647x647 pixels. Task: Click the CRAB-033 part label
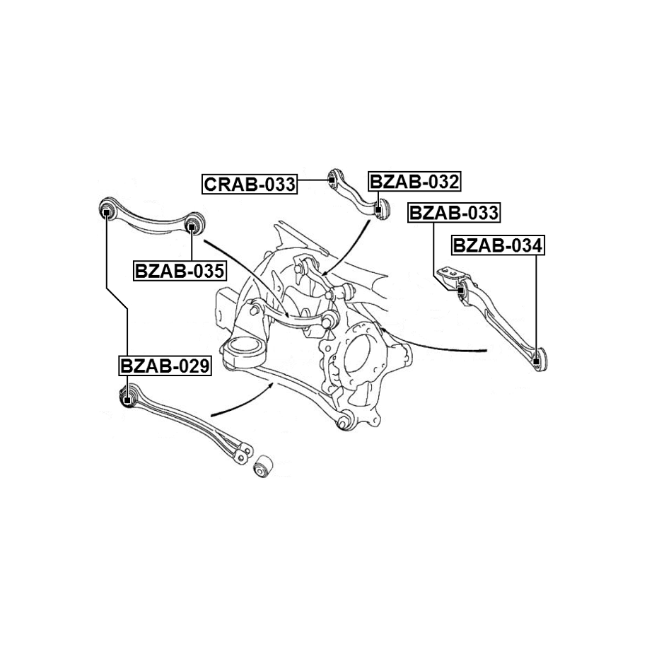(249, 185)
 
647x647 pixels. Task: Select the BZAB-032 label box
(414, 182)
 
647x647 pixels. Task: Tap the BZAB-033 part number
(454, 212)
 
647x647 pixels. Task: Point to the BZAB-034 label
(498, 245)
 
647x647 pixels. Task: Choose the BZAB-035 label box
(179, 269)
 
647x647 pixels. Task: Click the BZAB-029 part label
(165, 366)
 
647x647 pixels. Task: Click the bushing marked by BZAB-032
(383, 209)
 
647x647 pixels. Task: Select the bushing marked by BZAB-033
(460, 290)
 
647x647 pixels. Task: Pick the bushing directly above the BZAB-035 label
(192, 226)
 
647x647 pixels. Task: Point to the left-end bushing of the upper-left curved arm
(105, 209)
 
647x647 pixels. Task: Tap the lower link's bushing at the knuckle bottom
(344, 422)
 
